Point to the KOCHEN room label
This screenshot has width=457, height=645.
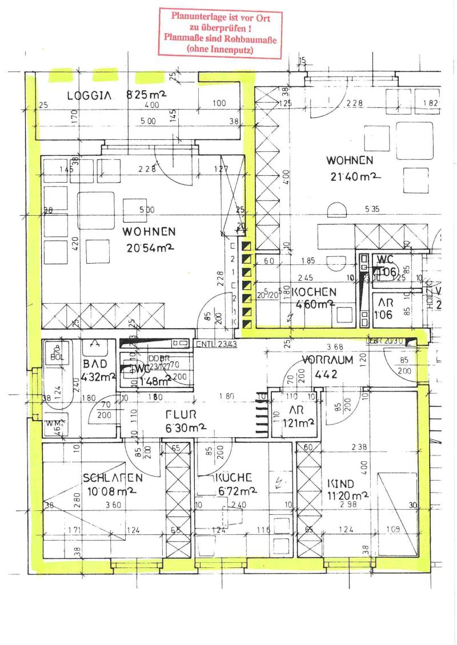[314, 292]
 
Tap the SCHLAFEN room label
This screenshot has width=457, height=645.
[112, 477]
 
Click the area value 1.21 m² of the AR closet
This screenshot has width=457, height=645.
[299, 423]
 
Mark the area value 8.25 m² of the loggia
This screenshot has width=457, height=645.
[146, 95]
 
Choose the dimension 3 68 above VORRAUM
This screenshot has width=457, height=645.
[335, 346]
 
